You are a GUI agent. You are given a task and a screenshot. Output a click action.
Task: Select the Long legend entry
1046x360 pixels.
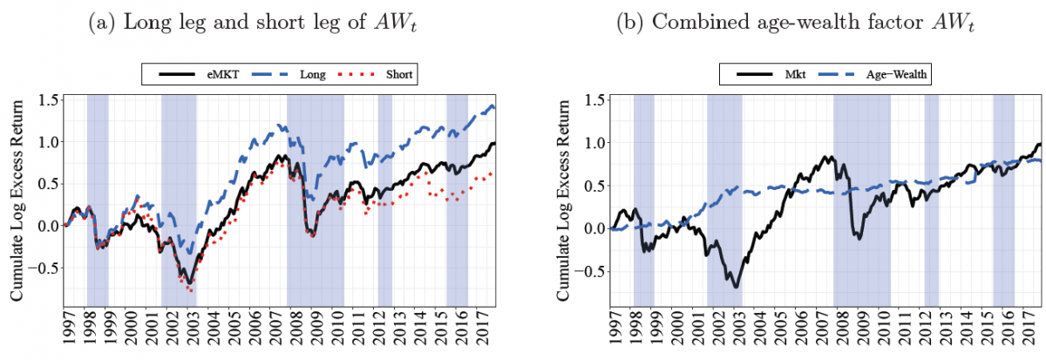tap(296, 74)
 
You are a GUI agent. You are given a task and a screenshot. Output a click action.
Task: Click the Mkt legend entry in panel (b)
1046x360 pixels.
tap(758, 74)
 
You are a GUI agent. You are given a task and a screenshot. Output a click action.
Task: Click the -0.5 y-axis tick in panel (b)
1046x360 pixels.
tap(594, 270)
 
